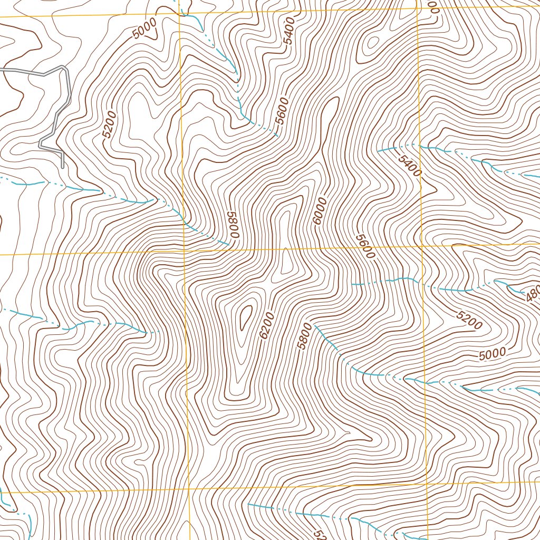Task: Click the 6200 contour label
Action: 267,325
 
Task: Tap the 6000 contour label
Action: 320,210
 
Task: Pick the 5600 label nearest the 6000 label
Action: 365,246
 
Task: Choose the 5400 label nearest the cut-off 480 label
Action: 410,166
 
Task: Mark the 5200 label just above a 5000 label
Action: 469,320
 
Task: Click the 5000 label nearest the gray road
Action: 145,28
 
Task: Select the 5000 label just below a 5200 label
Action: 493,353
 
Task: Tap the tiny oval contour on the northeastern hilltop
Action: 372,42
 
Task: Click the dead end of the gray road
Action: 63,167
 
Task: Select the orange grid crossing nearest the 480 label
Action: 422,246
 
